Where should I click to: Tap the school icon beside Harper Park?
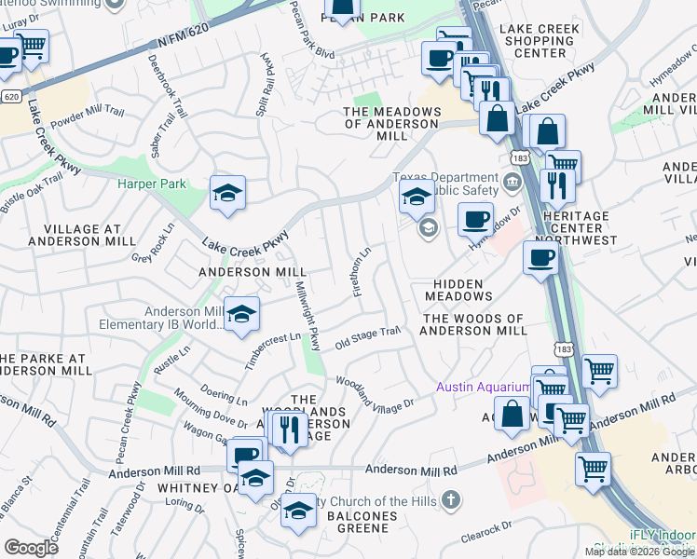coord(227,193)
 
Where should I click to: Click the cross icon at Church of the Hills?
coord(450,500)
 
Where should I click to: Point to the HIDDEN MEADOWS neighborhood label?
coord(458,289)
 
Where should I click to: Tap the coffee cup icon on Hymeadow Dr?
coord(475,219)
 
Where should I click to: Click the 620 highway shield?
coord(11,96)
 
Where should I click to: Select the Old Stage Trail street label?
coord(367,336)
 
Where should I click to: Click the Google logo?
coord(31,548)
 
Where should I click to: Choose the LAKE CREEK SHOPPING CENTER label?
coord(540,41)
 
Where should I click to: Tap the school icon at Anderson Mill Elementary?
coord(241,314)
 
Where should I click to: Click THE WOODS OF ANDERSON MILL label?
coord(474,324)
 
